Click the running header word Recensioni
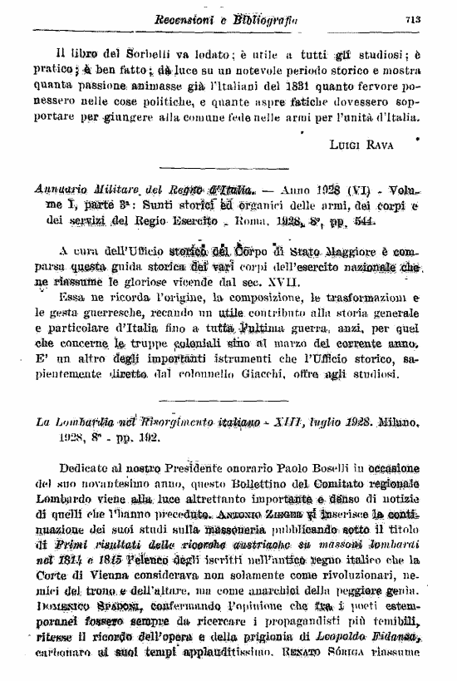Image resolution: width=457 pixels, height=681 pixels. coord(184,18)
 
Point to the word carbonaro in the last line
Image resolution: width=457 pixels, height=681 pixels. coord(67,664)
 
